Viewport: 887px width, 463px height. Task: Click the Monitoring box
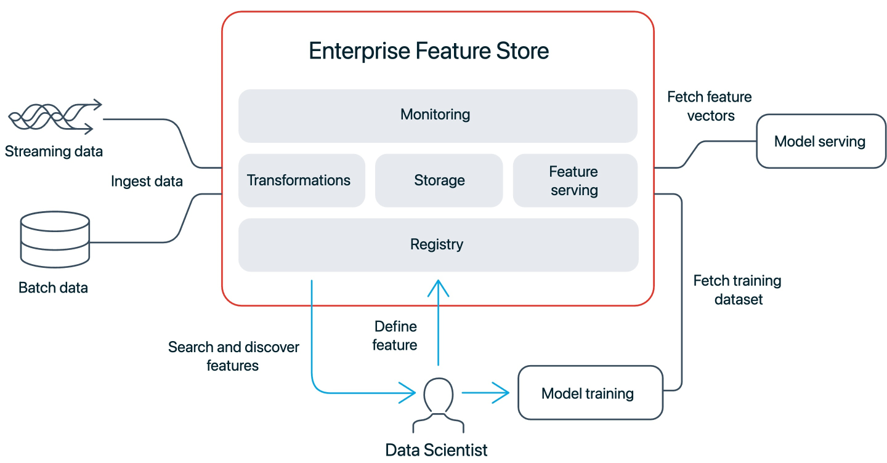click(437, 115)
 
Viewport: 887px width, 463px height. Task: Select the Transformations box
click(301, 180)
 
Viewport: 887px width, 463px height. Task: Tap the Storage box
click(439, 180)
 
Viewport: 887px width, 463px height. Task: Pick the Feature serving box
click(574, 180)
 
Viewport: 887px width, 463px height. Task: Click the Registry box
click(437, 244)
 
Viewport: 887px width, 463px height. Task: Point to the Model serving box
click(820, 141)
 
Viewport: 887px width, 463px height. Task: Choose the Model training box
click(590, 393)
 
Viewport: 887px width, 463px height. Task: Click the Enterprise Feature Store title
click(429, 51)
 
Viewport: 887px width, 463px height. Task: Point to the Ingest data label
click(147, 181)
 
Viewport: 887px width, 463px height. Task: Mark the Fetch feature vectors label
click(710, 106)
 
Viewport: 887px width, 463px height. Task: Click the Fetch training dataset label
click(737, 290)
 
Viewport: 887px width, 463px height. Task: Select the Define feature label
click(395, 336)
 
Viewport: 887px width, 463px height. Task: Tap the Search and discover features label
click(233, 356)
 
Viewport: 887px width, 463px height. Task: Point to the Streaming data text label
click(54, 151)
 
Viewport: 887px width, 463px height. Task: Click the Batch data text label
click(53, 288)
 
